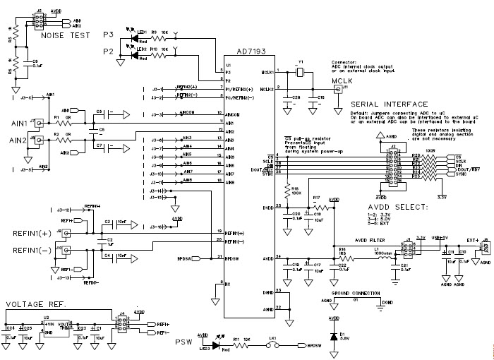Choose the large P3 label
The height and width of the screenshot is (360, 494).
click(x=109, y=33)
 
